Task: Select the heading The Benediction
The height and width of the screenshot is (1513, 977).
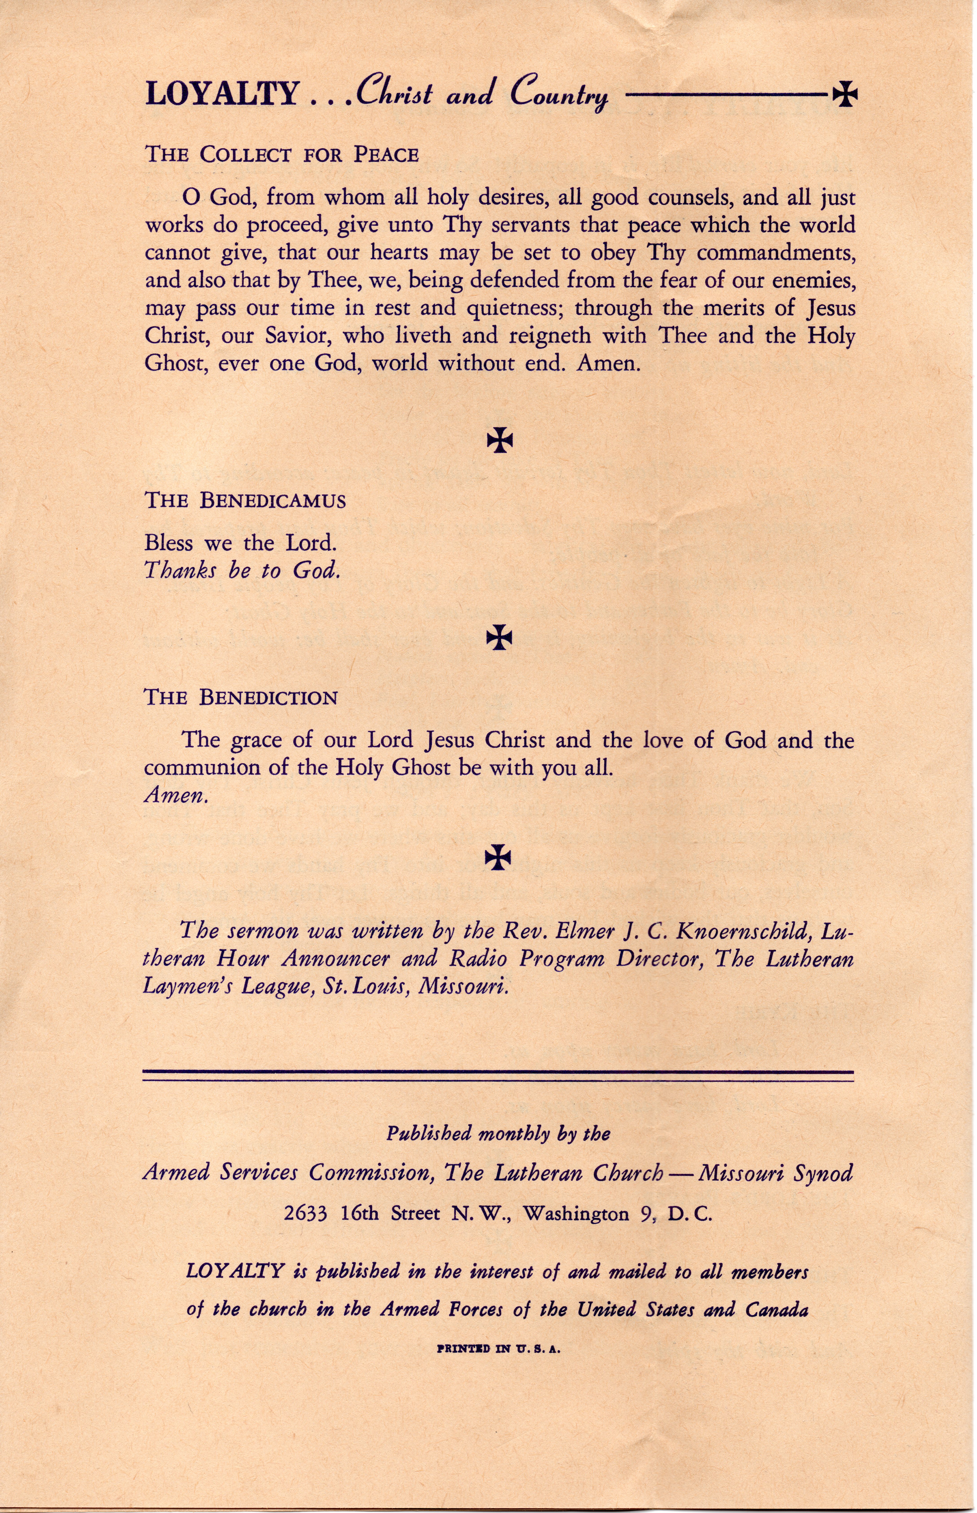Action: pyautogui.click(x=241, y=698)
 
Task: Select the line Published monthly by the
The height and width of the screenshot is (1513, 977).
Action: pyautogui.click(x=498, y=1134)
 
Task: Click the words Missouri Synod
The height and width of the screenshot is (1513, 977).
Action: pyautogui.click(x=776, y=1174)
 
